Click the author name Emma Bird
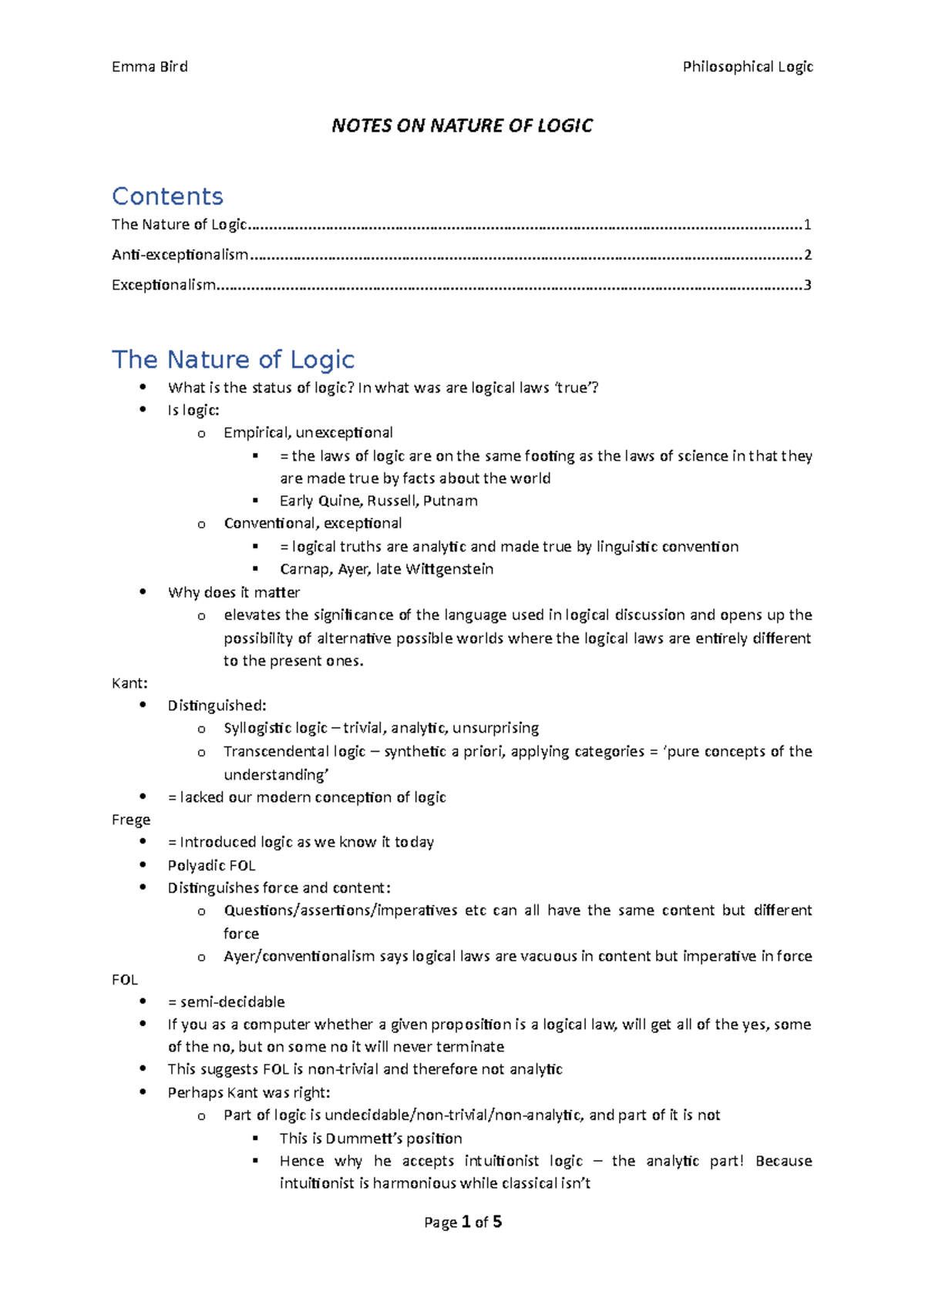150,67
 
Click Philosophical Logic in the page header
747,67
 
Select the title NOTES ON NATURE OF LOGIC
462,126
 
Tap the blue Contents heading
167,196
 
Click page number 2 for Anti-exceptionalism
807,255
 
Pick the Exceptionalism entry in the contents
163,285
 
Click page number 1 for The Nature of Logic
807,225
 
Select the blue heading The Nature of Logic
233,360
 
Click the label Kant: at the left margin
129,683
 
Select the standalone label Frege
131,820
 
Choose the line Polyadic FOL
211,865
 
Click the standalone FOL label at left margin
125,980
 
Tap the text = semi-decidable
226,1002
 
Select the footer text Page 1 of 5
462,1222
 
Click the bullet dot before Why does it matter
143,592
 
